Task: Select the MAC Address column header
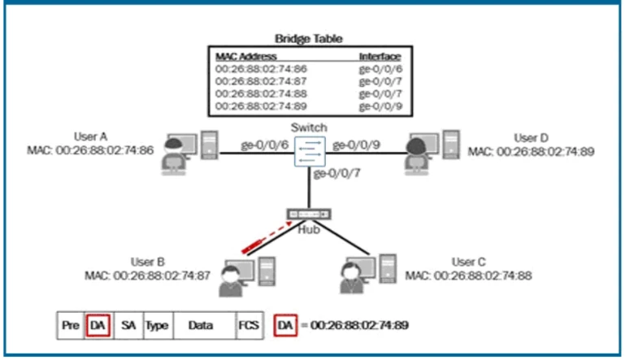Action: coord(246,57)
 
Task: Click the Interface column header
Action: coord(380,57)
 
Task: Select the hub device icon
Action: coord(310,214)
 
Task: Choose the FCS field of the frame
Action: coord(247,326)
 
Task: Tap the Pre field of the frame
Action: coord(70,326)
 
